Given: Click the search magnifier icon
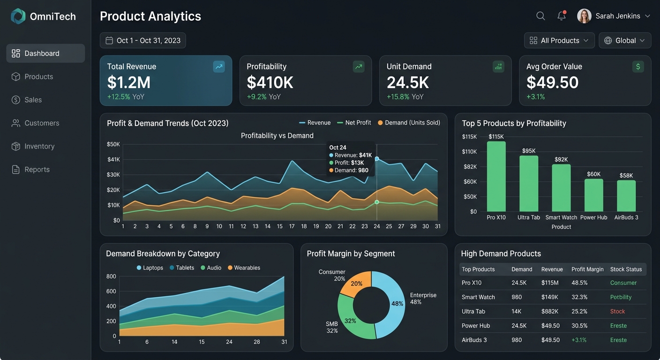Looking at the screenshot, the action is click(540, 16).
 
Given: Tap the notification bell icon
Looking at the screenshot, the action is click(562, 15).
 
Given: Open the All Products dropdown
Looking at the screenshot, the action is click(559, 40).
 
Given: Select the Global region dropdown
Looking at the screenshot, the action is click(625, 40).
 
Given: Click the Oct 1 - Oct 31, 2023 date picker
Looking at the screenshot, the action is click(143, 40).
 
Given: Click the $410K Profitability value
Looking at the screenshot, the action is click(270, 82).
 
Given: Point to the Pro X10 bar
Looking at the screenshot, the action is click(496, 176).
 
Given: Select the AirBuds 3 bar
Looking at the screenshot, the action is click(626, 196).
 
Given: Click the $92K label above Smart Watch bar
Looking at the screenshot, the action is click(561, 159).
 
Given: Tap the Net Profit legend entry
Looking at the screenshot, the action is click(354, 122).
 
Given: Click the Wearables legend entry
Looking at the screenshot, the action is click(244, 268).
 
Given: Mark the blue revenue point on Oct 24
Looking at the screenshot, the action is click(377, 159).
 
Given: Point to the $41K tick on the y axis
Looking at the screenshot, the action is click(114, 159).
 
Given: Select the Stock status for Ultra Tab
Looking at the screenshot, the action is click(617, 311).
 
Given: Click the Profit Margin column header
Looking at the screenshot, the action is click(587, 269).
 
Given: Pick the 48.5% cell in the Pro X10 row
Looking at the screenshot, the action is click(579, 283).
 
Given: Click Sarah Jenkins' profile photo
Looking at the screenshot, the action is click(584, 16).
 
